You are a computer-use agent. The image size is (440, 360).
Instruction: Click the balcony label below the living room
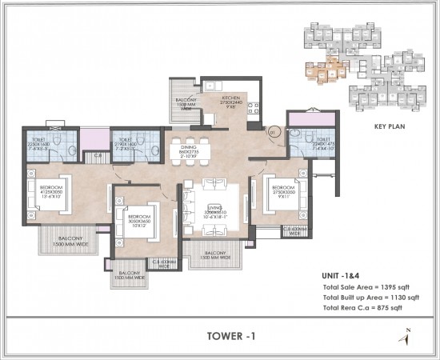[x=211, y=255]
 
